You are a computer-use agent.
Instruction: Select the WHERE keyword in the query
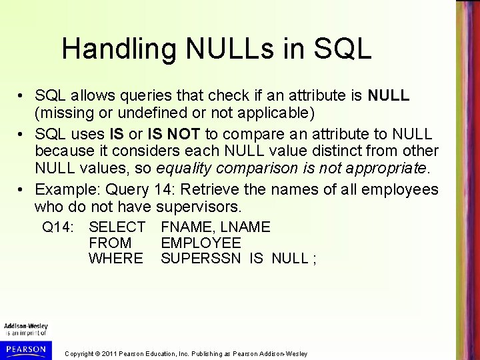pyautogui.click(x=116, y=257)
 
